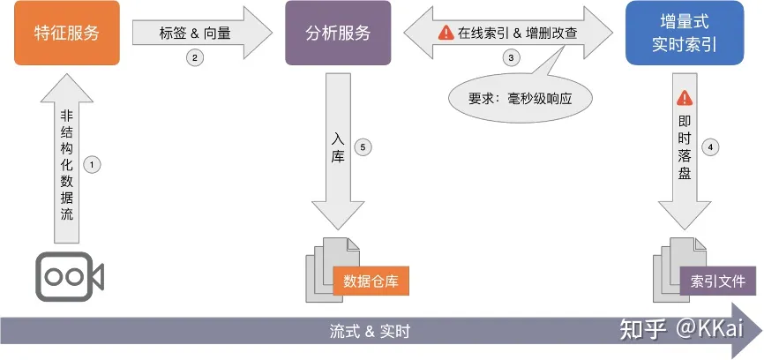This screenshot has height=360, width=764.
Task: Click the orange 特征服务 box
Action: point(67,34)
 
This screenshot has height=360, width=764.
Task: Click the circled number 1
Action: point(91,164)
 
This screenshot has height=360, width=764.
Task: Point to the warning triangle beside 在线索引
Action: point(446,33)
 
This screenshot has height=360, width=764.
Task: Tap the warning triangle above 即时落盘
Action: point(684,100)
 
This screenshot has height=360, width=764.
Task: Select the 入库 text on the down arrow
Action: point(338,146)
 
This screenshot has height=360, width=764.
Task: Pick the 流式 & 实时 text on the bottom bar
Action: point(370,333)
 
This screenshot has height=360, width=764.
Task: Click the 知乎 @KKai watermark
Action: point(679,330)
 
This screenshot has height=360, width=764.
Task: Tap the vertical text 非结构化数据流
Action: point(67,165)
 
